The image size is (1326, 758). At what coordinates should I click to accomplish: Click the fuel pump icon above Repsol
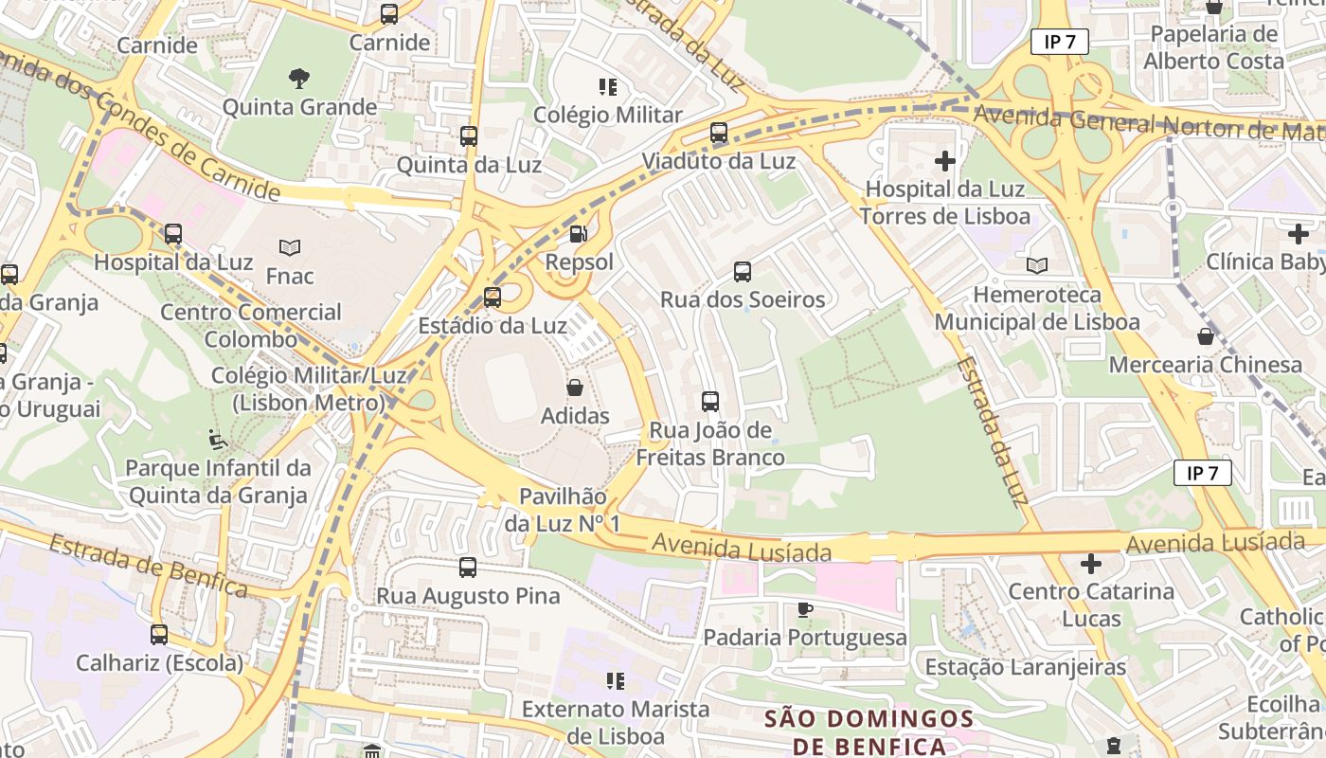(577, 233)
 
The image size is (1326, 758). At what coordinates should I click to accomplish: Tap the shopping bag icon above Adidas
(574, 388)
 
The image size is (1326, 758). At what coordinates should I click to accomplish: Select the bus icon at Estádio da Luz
(493, 298)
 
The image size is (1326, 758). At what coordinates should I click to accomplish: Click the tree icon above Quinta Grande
(299, 79)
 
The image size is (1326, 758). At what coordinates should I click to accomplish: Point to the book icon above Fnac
(290, 247)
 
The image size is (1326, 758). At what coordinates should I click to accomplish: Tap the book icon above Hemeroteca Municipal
(1037, 266)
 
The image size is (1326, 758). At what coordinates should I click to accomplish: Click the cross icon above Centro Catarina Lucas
(1091, 564)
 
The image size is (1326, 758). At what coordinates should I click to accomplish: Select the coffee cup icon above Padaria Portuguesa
(804, 609)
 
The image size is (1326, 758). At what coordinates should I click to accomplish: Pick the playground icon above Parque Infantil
(218, 440)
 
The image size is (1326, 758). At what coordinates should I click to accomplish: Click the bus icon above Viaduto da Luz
(719, 133)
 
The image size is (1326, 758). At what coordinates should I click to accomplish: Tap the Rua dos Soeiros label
(742, 300)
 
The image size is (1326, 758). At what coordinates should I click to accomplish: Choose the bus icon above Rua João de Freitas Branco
(710, 402)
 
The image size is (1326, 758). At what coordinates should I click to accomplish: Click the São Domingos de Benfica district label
(869, 732)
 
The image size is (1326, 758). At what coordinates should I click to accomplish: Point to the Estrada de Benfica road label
(147, 567)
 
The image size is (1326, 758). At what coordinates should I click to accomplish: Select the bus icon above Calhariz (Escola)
(159, 635)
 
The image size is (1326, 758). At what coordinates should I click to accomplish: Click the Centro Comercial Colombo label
(250, 325)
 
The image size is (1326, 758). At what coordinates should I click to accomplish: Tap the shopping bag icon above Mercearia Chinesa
(1205, 336)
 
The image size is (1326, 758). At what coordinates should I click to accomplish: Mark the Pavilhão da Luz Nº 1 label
(562, 510)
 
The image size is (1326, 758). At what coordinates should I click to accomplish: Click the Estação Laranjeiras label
(1025, 667)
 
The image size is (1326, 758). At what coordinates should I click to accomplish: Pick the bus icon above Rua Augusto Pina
(468, 568)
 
